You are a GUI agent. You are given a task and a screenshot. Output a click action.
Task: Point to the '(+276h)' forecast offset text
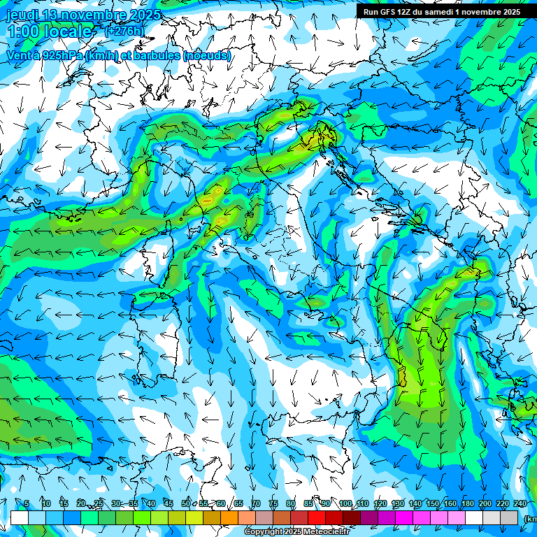[x=124, y=31]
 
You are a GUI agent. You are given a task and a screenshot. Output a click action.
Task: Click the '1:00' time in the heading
[x=23, y=31]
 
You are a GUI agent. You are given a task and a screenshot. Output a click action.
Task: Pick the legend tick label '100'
[x=345, y=503]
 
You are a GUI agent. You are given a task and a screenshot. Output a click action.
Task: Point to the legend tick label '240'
[x=520, y=503]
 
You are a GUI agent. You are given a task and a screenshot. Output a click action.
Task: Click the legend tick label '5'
[x=27, y=503]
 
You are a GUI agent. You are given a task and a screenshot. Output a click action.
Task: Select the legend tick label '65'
[x=238, y=503]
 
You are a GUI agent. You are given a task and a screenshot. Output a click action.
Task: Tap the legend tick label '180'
[x=467, y=503]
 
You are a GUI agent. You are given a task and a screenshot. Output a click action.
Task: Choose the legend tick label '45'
[x=169, y=503]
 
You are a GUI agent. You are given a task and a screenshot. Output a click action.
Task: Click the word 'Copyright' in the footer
[x=263, y=532]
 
